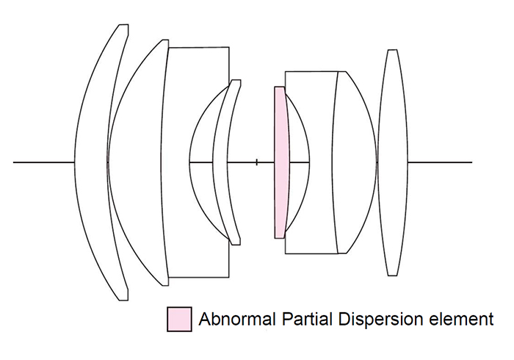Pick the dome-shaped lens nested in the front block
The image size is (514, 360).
point(201,162)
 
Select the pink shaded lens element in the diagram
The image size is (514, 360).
point(279,162)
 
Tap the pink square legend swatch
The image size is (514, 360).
point(179,320)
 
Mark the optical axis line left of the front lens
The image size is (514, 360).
point(44,162)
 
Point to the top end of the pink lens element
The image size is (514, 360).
point(279,88)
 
